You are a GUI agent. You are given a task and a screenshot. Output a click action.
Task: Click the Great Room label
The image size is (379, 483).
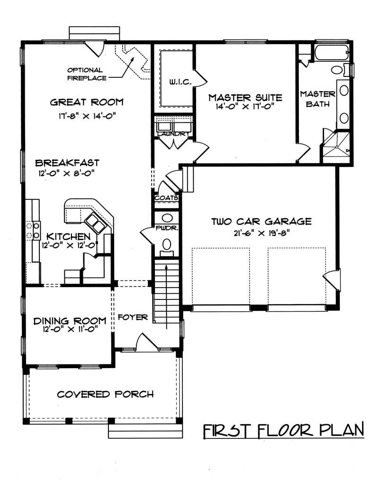pyautogui.click(x=86, y=102)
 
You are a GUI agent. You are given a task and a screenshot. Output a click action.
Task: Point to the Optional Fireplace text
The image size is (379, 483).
pyautogui.click(x=87, y=74)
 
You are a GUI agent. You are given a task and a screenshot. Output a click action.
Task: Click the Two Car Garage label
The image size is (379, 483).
pyautogui.click(x=261, y=221)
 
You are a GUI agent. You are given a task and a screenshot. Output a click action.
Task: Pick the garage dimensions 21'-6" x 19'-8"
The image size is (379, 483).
pyautogui.click(x=261, y=232)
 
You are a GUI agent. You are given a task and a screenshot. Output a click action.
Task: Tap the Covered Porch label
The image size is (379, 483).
pyautogui.click(x=105, y=394)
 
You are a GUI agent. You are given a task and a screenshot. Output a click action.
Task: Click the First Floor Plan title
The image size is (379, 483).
pyautogui.click(x=283, y=430)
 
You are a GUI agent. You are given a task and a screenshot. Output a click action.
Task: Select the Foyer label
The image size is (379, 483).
pyautogui.click(x=133, y=317)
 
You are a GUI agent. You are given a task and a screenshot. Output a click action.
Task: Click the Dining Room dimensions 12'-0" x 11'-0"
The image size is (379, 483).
pyautogui.click(x=69, y=332)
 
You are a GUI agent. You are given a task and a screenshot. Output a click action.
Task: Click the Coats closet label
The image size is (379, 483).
pyautogui.click(x=166, y=197)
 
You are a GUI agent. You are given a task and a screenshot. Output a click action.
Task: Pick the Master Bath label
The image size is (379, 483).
pyautogui.click(x=317, y=99)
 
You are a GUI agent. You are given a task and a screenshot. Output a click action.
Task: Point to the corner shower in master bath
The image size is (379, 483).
pyautogui.click(x=335, y=147)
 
